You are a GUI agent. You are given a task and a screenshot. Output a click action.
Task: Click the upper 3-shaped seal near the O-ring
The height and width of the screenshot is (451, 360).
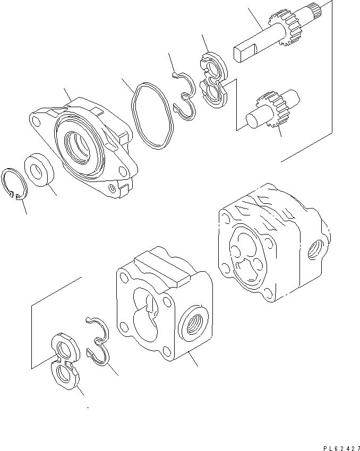[184, 94]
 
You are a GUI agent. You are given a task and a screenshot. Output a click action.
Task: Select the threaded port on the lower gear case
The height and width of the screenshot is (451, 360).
[191, 323]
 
